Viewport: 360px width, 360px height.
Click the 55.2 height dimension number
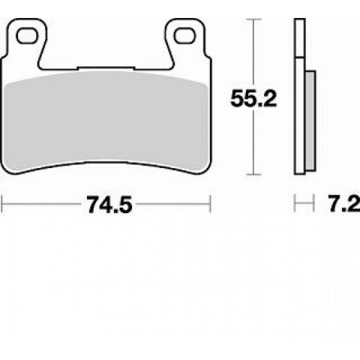(x=253, y=99)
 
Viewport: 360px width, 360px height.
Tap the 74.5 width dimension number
(x=109, y=205)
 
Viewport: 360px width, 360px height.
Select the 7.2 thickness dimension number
(x=344, y=204)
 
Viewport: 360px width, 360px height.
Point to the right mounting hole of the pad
(x=184, y=36)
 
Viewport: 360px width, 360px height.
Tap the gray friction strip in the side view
(x=310, y=121)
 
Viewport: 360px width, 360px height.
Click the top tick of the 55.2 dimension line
(x=253, y=19)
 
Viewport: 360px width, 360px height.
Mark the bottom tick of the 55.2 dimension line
(x=253, y=175)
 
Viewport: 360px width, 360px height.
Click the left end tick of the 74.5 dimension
(x=2, y=204)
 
